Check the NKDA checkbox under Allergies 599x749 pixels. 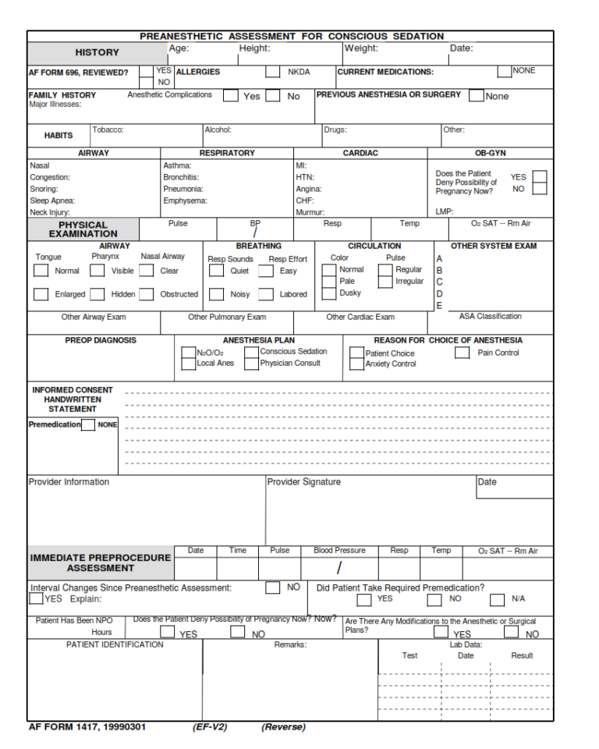point(272,72)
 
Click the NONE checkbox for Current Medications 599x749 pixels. point(504,71)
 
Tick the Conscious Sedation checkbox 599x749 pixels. point(251,352)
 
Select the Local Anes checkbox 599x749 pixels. point(188,364)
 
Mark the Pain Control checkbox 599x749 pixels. point(462,353)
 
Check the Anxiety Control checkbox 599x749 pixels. point(356,364)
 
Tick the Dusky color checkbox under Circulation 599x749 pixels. point(329,293)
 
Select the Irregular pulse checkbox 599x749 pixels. point(385,282)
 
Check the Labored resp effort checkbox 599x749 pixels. point(266,294)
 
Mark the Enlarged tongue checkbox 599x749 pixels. point(41,294)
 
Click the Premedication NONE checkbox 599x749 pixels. point(88,425)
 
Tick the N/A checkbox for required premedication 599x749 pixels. point(497,599)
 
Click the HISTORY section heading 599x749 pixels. point(97,52)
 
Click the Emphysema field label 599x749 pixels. point(185,201)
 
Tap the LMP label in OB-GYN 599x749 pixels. point(445,211)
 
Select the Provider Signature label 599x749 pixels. point(303,482)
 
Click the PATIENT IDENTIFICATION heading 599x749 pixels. point(115,644)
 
